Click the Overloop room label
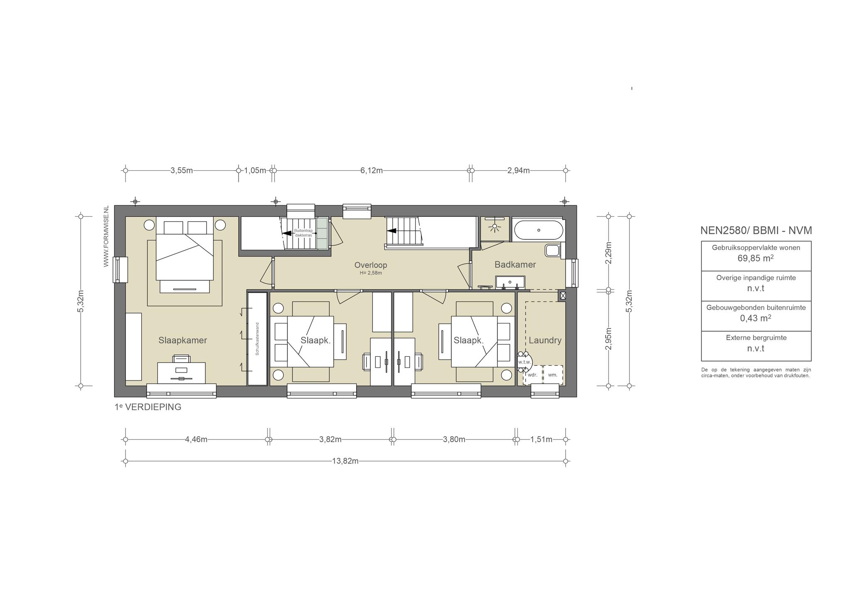(371, 265)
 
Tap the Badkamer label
(515, 264)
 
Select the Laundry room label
(545, 340)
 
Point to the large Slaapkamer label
(182, 340)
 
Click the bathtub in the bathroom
(539, 230)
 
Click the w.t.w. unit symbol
(524, 362)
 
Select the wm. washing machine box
(553, 375)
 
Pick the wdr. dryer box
(532, 375)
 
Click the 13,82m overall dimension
(345, 461)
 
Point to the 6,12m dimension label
(371, 170)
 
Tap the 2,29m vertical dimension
(608, 253)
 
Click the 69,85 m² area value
(756, 258)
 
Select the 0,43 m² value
(756, 318)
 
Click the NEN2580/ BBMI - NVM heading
(756, 230)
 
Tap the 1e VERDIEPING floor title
(148, 407)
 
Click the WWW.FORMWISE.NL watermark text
(106, 236)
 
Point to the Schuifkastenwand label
(257, 339)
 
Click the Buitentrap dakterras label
(303, 233)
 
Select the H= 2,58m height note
(371, 273)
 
